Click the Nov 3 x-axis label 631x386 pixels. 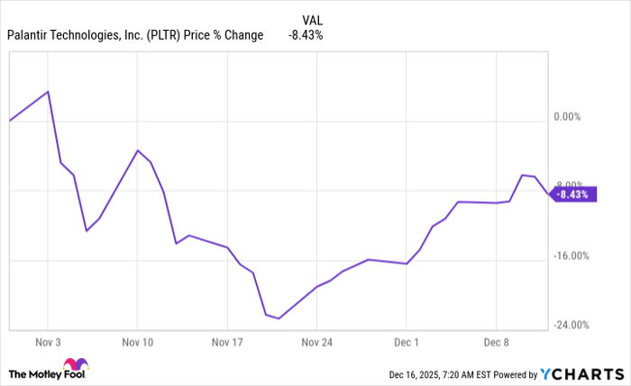(x=47, y=343)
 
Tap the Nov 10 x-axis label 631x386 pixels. (x=137, y=343)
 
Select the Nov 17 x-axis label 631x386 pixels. (x=227, y=343)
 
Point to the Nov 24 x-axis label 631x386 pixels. (x=317, y=343)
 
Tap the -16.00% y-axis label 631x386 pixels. (x=570, y=256)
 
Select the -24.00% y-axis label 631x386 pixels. (x=570, y=326)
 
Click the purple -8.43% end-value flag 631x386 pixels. (x=573, y=194)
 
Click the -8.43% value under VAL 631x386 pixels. (x=306, y=35)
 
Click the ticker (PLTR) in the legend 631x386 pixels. (x=162, y=35)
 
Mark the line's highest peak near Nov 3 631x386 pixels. (x=48, y=91)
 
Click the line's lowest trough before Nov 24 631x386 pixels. (x=279, y=318)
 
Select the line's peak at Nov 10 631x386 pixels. (x=137, y=150)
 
